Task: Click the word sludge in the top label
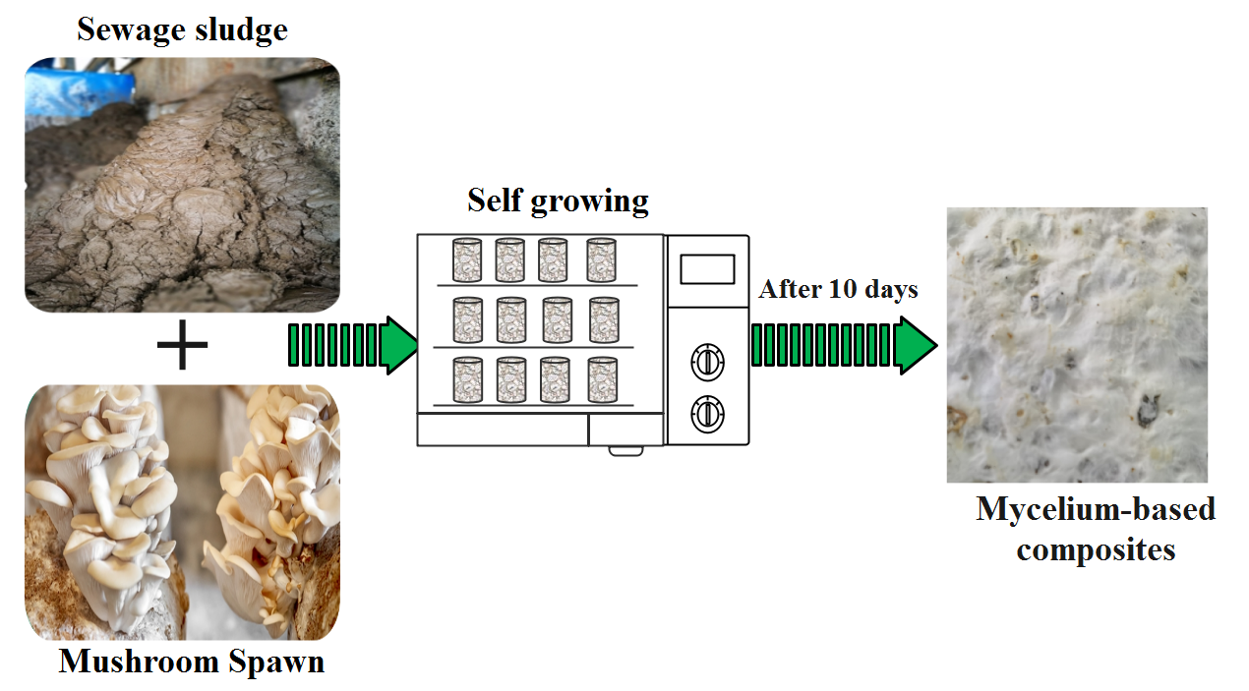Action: (240, 29)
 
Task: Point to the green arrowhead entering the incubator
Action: (397, 345)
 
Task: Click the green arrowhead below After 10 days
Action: (914, 345)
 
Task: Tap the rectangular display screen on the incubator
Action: (707, 268)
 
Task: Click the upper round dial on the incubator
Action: (707, 362)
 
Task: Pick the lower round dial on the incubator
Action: (707, 414)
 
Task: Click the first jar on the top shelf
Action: (466, 260)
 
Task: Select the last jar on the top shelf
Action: (602, 260)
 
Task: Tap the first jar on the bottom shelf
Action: (466, 380)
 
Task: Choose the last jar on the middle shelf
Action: (604, 320)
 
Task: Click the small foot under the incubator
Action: (625, 451)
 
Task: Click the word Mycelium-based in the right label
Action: (1096, 509)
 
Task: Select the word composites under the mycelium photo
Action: (1096, 548)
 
